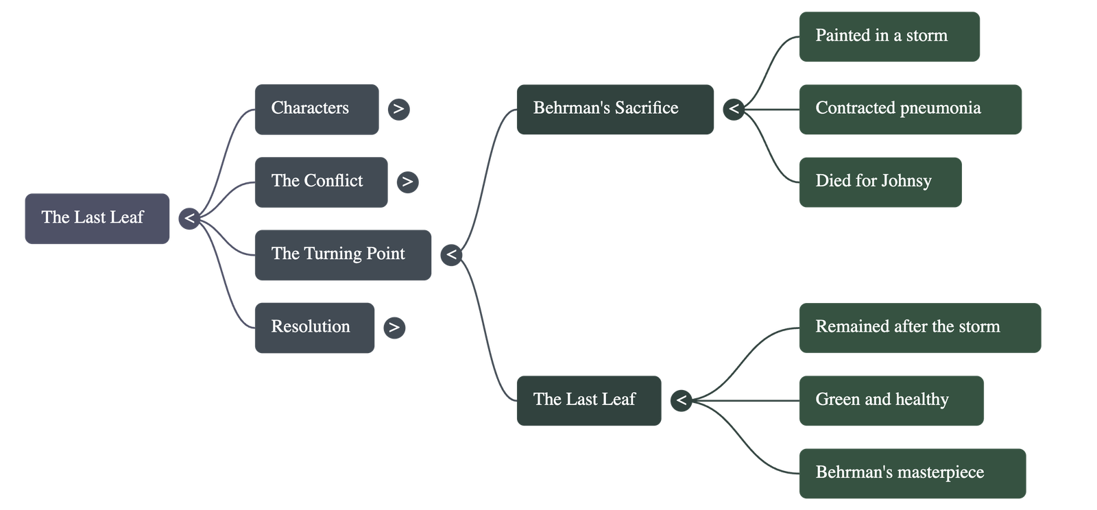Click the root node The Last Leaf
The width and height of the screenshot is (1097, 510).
[97, 218]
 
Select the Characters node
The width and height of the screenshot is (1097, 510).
[316, 109]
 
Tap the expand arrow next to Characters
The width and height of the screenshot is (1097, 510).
[398, 109]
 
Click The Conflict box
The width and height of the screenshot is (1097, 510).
[321, 182]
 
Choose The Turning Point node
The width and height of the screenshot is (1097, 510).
[343, 254]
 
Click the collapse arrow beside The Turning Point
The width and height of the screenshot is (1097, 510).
[451, 255]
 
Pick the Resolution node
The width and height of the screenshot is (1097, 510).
[315, 327]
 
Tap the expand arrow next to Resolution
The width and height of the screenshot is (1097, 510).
[394, 328]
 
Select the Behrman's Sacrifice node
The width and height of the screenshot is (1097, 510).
[615, 109]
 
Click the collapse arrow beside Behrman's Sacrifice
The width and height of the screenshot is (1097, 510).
[734, 109]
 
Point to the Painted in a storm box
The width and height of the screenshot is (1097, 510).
[889, 36]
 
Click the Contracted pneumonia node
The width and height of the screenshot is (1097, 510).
[910, 109]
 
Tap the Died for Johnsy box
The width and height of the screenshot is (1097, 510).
[880, 182]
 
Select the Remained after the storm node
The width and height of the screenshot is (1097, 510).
[919, 328]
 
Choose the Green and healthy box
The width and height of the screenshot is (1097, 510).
[891, 400]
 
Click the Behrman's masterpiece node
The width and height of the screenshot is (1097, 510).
[912, 473]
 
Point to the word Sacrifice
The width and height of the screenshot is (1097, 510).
[647, 108]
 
